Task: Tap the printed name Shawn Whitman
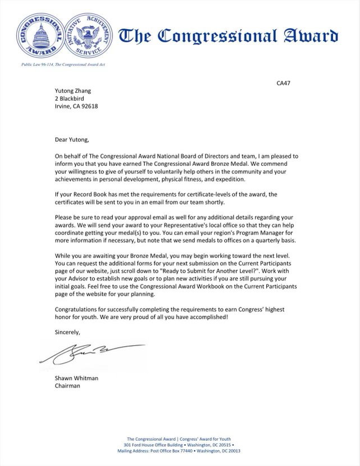click(x=76, y=378)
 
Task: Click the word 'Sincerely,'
click(x=67, y=332)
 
